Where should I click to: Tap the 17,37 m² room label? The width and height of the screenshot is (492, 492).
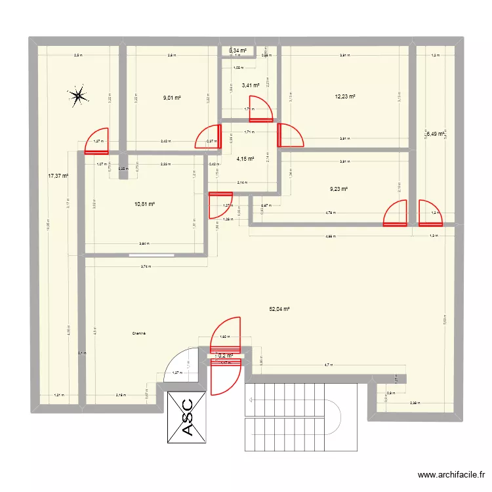pyautogui.click(x=56, y=176)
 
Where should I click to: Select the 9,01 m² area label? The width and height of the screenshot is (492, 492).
pyautogui.click(x=172, y=98)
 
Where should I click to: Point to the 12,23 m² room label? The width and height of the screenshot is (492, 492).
pyautogui.click(x=345, y=96)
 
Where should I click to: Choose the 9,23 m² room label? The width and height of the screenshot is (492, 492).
pyautogui.click(x=338, y=190)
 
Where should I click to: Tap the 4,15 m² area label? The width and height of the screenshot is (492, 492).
pyautogui.click(x=245, y=158)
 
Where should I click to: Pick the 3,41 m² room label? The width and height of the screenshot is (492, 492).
pyautogui.click(x=251, y=85)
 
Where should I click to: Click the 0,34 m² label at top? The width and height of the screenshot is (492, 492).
pyautogui.click(x=237, y=51)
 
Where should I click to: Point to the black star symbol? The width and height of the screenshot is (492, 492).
pyautogui.click(x=78, y=97)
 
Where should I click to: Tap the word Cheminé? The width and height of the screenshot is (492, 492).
pyautogui.click(x=138, y=334)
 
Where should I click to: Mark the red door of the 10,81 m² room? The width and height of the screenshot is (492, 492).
pyautogui.click(x=220, y=205)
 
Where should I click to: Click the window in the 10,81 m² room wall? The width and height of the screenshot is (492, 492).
pyautogui.click(x=151, y=254)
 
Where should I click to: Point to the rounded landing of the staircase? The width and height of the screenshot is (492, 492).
pyautogui.click(x=342, y=416)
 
